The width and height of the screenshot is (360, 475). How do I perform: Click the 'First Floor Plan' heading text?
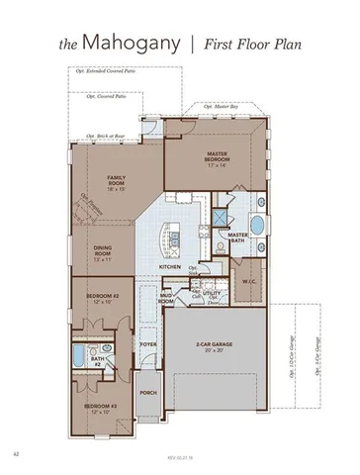coord(255,46)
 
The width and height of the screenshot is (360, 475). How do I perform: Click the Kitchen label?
coord(170,267)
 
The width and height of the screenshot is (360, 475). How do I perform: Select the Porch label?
coord(149,393)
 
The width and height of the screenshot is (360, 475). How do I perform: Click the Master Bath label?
coord(237,237)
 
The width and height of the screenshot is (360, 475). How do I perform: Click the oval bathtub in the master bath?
coord(258,224)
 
